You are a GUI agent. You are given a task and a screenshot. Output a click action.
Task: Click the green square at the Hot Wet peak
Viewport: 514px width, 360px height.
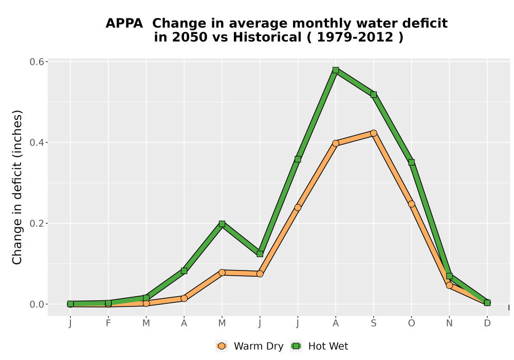pyautogui.click(x=335, y=70)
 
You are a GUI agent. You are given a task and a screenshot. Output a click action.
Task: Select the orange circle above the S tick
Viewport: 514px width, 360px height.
pyautogui.click(x=373, y=133)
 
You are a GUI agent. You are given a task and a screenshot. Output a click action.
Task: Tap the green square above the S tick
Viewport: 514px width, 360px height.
pyautogui.click(x=373, y=95)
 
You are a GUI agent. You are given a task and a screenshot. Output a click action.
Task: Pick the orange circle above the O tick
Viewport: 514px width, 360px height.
pyautogui.click(x=411, y=204)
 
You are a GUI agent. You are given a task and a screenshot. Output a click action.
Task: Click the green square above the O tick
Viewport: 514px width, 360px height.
pyautogui.click(x=411, y=163)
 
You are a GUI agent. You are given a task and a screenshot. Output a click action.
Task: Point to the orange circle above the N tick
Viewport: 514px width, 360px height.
pyautogui.click(x=449, y=285)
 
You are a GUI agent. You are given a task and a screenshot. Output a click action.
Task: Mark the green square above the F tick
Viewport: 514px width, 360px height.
pyautogui.click(x=108, y=303)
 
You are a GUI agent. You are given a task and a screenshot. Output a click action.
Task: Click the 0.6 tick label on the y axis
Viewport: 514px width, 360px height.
pyautogui.click(x=36, y=62)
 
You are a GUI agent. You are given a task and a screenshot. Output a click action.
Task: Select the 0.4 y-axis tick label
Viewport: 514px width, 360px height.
pyautogui.click(x=36, y=142)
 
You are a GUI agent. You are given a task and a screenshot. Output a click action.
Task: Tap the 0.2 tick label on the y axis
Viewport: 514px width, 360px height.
pyautogui.click(x=36, y=223)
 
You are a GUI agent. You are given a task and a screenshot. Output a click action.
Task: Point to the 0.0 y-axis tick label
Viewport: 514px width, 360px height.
pyautogui.click(x=36, y=304)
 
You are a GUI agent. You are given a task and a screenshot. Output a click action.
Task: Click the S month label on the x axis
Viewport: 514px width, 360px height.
pyautogui.click(x=373, y=323)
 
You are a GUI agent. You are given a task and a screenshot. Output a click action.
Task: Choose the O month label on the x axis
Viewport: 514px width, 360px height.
pyautogui.click(x=411, y=323)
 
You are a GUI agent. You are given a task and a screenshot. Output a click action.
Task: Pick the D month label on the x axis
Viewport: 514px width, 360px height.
pyautogui.click(x=487, y=323)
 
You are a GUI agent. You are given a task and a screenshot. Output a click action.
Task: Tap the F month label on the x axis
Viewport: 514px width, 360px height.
pyautogui.click(x=108, y=323)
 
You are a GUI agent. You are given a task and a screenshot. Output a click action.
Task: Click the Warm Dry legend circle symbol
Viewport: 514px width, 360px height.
pyautogui.click(x=222, y=346)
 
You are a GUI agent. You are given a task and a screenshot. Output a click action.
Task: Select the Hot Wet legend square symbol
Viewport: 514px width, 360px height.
pyautogui.click(x=297, y=346)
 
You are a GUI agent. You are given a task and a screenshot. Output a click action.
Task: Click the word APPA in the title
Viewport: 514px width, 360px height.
pyautogui.click(x=124, y=24)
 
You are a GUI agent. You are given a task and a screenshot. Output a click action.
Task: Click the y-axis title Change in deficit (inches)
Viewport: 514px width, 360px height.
pyautogui.click(x=17, y=187)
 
